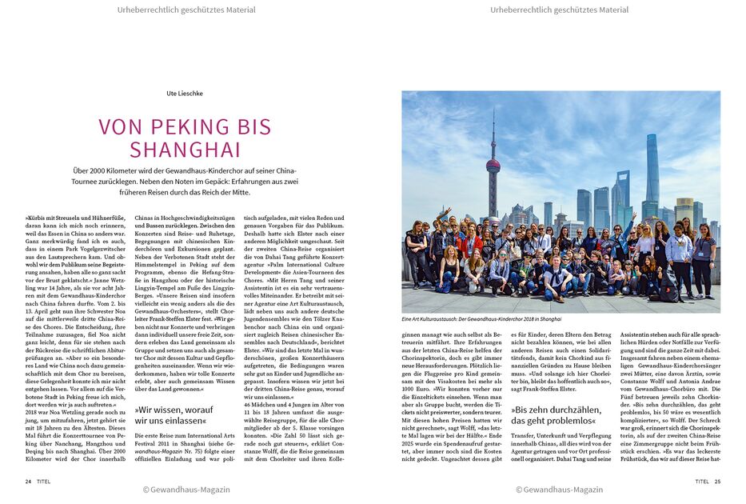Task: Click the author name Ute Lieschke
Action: (x=185, y=94)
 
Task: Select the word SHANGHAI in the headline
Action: (x=186, y=150)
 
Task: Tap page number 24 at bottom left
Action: (x=28, y=482)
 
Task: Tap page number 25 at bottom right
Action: (x=717, y=482)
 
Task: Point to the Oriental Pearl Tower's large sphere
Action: (x=493, y=166)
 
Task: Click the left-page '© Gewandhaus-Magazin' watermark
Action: (x=186, y=490)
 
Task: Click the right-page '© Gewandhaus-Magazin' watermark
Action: (x=559, y=490)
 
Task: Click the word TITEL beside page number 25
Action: (x=701, y=482)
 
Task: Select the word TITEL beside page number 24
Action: (x=44, y=482)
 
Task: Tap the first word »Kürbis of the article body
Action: (x=35, y=217)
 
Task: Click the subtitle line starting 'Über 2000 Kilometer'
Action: (x=186, y=170)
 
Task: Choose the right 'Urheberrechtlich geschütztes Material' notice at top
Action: (x=560, y=10)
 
